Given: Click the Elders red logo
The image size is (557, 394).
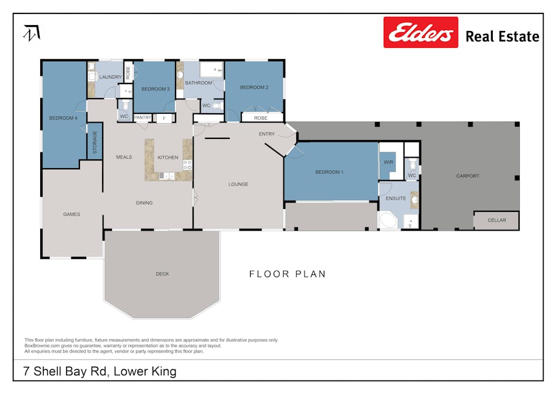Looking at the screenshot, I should click(420, 32).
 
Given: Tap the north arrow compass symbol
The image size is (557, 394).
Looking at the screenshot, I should click(31, 33).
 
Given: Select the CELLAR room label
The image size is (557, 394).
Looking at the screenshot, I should click(496, 220).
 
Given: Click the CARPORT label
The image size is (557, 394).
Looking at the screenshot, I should click(467, 176).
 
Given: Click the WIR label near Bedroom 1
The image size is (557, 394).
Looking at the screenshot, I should click(388, 162).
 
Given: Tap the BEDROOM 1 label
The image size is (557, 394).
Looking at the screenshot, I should click(329, 172).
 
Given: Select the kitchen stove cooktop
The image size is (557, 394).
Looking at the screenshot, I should click(188, 165).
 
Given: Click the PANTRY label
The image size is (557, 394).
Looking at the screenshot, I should click(143, 118).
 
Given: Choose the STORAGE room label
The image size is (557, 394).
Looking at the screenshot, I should click(95, 142).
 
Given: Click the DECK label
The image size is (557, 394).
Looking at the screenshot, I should click(162, 274).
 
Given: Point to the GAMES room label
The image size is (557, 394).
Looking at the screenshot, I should click(71, 214).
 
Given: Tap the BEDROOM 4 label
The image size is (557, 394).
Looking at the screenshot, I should click(63, 118).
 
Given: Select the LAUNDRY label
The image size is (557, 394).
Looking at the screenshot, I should click(110, 77).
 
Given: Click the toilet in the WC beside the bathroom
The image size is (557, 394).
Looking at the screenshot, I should click(217, 106).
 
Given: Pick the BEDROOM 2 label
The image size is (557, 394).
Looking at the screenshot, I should click(254, 88).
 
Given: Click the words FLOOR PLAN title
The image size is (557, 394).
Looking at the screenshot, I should click(287, 274).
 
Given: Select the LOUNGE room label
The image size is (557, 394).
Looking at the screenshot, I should click(238, 184).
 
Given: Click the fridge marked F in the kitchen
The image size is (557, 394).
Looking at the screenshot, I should click(164, 118).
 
